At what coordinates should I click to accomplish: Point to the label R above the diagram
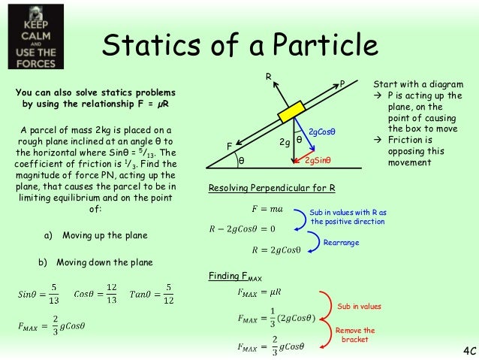click(268, 77)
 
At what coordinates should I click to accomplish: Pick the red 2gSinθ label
click(319, 160)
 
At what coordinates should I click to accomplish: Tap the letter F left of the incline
click(230, 145)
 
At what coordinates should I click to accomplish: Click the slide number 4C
click(466, 351)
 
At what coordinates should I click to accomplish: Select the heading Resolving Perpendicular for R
click(271, 187)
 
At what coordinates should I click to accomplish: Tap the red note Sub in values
click(359, 307)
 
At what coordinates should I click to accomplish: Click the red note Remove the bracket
click(355, 335)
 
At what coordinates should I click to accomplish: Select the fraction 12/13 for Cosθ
click(110, 294)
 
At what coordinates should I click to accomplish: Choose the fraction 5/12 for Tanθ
click(170, 294)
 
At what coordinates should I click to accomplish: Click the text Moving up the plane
click(104, 235)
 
